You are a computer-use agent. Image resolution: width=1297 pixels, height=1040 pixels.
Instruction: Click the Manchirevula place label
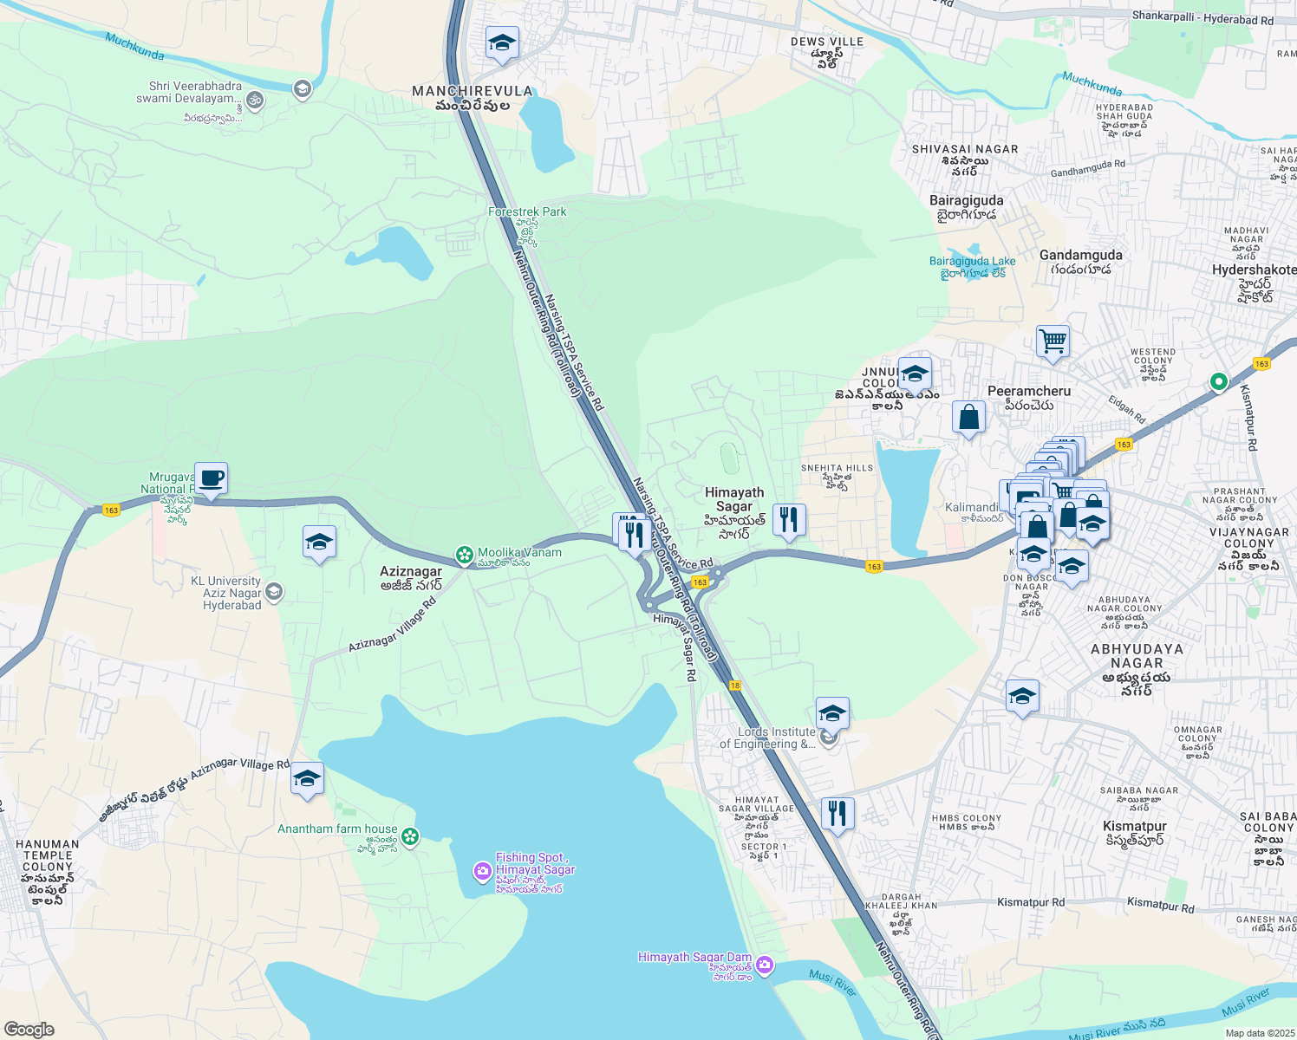coord(472,91)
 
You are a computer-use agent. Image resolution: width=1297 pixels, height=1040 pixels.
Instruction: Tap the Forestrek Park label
coord(527,211)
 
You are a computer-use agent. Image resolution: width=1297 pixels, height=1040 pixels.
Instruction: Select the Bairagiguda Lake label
coord(972,261)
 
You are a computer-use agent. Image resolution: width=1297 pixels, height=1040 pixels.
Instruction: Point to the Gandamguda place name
coord(1080,255)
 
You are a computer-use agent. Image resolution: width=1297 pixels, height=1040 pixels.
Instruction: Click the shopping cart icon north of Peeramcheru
coord(1053,341)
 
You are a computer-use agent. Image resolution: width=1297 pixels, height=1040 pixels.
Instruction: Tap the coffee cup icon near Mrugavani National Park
coord(211,478)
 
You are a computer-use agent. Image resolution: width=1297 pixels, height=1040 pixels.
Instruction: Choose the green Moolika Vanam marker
coord(465,554)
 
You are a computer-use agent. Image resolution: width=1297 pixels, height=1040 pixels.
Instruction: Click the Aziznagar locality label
coord(411,572)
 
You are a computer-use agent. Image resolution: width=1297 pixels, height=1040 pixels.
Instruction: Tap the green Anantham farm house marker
coord(410,836)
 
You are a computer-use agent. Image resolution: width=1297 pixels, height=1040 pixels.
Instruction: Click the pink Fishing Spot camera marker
coord(483,871)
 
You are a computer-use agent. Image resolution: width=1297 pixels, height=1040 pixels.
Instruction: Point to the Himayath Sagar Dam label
coord(694,958)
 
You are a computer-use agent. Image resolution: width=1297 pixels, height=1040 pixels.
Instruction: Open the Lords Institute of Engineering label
coord(767,738)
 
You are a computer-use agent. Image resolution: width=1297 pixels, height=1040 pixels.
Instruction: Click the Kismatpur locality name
coord(1134,827)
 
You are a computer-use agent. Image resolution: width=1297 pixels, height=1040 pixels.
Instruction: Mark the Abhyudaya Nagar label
coord(1137,656)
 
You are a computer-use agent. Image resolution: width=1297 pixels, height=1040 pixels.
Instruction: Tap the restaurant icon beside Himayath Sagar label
coord(788,520)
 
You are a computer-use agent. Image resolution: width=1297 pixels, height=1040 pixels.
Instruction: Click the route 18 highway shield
coord(735,686)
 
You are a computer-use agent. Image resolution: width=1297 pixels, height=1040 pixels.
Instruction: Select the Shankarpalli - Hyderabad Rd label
coord(1202,18)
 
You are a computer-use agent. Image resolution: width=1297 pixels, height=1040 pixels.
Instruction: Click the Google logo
coord(29,1030)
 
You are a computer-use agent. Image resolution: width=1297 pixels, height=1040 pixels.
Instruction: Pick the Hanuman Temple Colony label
coord(48,855)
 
